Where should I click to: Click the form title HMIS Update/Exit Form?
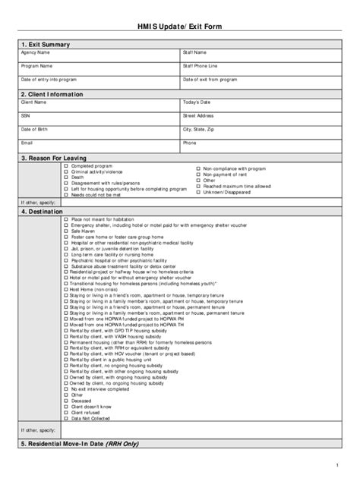[x=179, y=27]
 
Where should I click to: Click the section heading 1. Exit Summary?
[x=46, y=45]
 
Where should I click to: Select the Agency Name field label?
[x=36, y=53]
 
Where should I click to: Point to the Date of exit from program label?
[x=210, y=79]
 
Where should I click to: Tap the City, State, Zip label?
[x=199, y=129]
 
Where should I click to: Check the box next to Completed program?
[x=66, y=165]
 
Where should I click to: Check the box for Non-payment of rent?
[x=197, y=174]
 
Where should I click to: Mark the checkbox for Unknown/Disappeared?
[x=197, y=192]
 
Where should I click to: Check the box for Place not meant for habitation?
[x=66, y=219]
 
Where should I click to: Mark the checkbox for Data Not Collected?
[x=66, y=417]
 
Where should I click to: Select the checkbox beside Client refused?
[x=66, y=411]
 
